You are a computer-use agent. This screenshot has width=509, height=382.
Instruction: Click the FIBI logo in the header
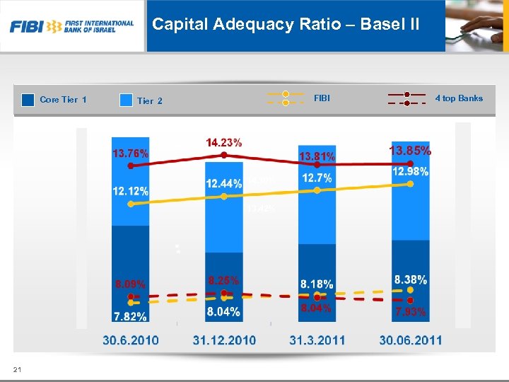(71, 26)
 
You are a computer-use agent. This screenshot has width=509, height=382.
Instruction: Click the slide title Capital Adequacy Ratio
(286, 25)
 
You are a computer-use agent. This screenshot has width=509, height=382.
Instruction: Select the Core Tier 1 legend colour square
(28, 100)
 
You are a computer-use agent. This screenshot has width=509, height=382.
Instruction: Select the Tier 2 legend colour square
(126, 100)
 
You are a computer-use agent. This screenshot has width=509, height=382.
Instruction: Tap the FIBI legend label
(322, 98)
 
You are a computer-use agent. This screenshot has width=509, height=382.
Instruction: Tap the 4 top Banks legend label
(459, 98)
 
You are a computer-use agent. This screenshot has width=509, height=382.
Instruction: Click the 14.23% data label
(224, 142)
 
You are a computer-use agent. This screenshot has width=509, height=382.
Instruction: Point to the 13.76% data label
(130, 154)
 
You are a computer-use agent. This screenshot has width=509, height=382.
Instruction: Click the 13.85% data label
(410, 150)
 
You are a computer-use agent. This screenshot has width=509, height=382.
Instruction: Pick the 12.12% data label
(130, 191)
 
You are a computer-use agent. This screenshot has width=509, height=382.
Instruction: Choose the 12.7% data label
(317, 178)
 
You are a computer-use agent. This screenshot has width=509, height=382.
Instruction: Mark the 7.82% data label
(130, 316)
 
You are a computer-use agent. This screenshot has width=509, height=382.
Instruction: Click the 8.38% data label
(410, 279)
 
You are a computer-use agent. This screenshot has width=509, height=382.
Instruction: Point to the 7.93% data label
(410, 312)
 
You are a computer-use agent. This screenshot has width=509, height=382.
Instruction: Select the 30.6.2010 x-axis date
(131, 340)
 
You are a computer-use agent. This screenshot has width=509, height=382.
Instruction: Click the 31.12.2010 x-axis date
(224, 340)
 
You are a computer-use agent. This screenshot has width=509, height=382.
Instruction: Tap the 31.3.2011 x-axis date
(317, 340)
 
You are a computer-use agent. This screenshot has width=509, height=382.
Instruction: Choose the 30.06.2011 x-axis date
(411, 340)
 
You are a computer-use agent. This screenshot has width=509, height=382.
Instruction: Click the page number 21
(17, 369)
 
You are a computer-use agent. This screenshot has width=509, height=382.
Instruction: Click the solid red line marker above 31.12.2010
(224, 155)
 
